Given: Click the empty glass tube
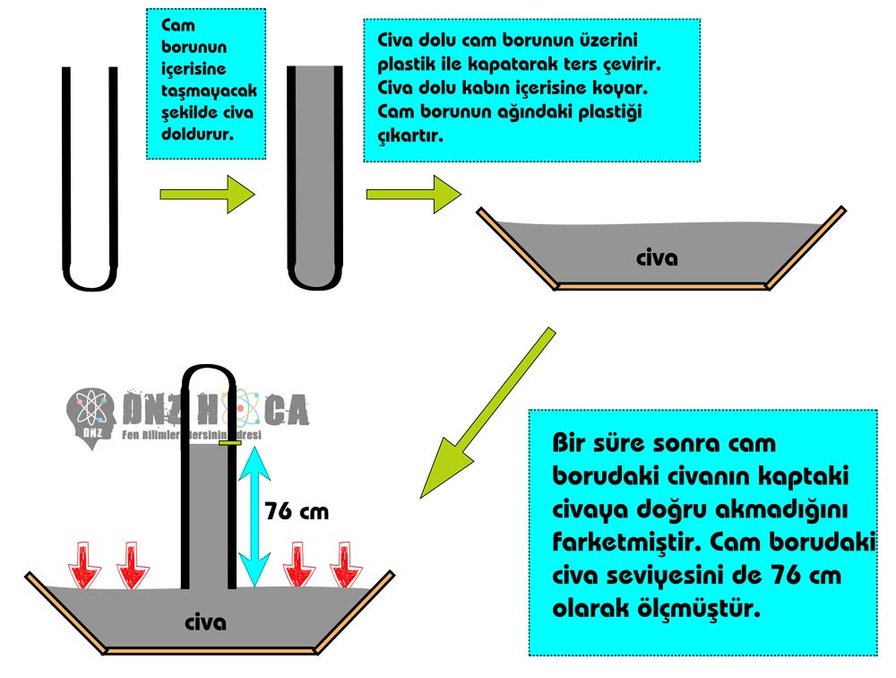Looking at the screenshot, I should tap(90, 179).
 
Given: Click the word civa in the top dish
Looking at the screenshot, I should tap(657, 258).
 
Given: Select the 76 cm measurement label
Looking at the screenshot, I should tap(297, 512).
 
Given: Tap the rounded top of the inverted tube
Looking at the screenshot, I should tap(210, 374).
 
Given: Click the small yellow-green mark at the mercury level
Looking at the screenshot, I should tap(229, 442).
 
